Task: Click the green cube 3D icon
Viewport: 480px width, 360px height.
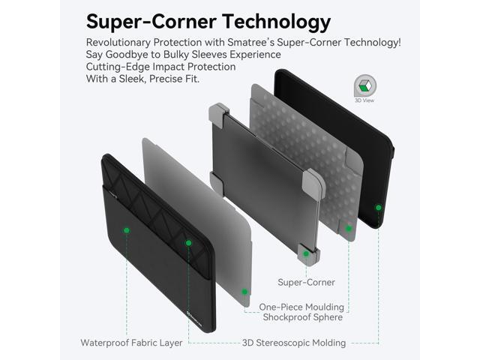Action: point(365,85)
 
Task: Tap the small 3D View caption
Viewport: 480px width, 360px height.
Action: point(365,100)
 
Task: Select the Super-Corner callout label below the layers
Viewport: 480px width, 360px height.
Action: point(306,283)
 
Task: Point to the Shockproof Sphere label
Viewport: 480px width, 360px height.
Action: point(303,317)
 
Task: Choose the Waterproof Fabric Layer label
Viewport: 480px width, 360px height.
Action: point(131,343)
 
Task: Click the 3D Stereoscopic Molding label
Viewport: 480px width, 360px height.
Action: point(294,343)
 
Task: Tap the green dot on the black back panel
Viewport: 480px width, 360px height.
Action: point(379,207)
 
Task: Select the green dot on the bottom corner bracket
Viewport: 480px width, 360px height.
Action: point(306,253)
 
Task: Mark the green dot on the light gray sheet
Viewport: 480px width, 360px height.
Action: point(244,291)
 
